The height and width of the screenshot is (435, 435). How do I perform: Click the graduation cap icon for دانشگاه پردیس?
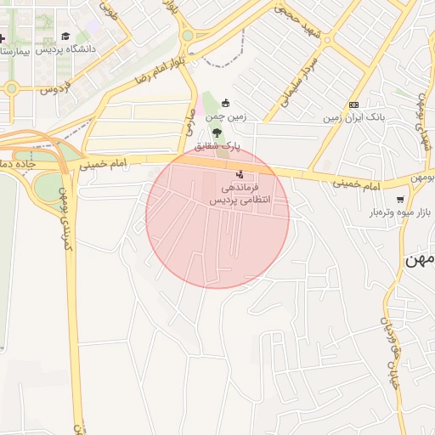point(65,37)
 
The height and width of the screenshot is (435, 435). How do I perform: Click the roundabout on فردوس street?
point(11,88)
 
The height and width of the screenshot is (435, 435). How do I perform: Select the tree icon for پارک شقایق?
point(217,133)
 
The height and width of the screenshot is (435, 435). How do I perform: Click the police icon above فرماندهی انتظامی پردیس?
point(239,174)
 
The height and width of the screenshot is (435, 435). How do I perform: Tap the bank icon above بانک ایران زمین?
point(353,105)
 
